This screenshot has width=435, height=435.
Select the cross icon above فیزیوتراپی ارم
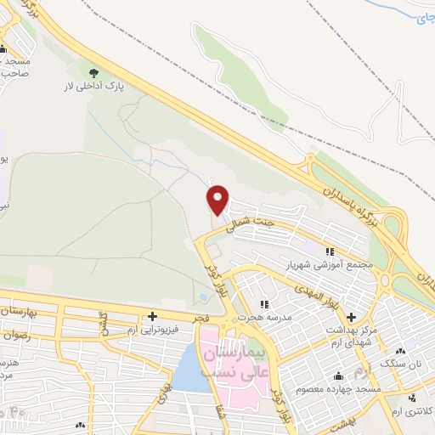coord(152,315)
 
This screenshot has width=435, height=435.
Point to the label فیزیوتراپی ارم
coord(152,328)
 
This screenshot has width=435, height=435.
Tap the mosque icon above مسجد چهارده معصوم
coord(339,376)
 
